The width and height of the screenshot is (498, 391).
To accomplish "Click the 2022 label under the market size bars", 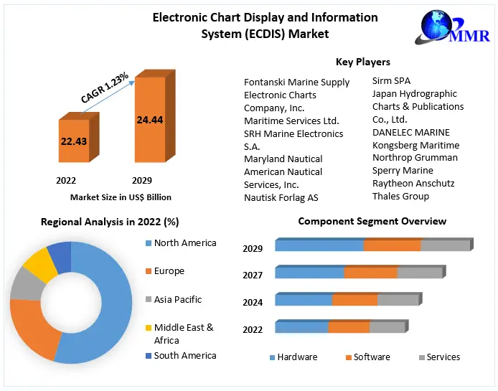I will [x=66, y=180].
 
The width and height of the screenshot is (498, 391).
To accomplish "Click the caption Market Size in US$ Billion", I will [x=121, y=197].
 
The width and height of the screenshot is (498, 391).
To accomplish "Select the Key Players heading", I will [x=363, y=62].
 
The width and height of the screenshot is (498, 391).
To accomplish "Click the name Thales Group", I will [x=400, y=196].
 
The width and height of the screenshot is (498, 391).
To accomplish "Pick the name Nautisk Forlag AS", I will [x=281, y=197].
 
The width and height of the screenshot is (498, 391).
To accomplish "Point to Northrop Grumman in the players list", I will [x=415, y=157].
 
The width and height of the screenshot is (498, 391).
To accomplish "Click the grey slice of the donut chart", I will [x=25, y=285].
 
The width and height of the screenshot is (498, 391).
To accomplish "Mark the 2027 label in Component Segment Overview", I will [x=253, y=275].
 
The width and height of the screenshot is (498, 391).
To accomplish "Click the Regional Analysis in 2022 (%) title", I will [x=110, y=222].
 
